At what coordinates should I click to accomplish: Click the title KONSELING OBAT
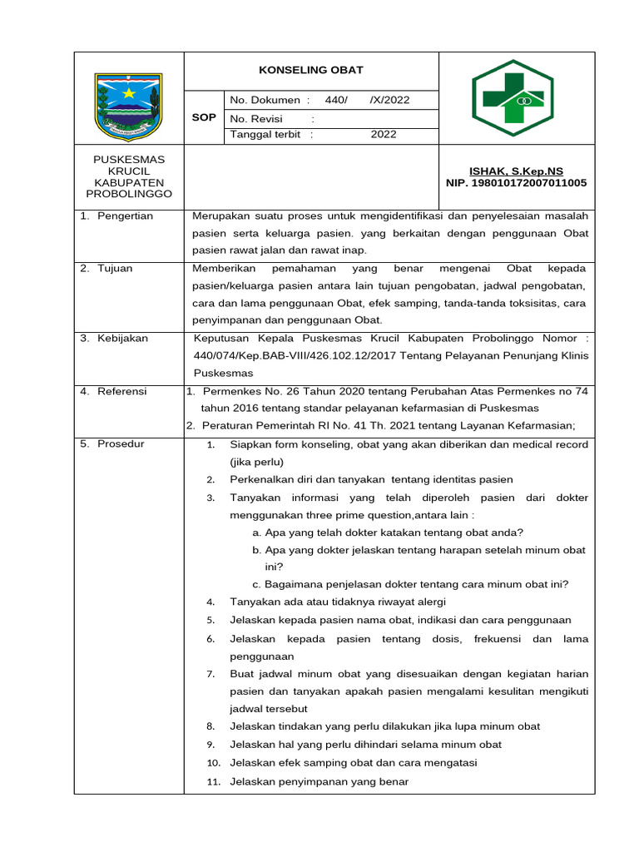coord(310,71)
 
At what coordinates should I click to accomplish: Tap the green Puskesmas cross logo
coord(513,99)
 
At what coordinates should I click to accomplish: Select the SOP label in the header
coord(204,117)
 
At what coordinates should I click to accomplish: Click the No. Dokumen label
coord(265,100)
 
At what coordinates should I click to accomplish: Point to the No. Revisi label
coord(257,118)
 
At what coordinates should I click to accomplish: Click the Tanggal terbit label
coord(267,134)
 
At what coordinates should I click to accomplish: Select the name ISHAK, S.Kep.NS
coord(516,171)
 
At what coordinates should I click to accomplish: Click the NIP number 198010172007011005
coord(516,182)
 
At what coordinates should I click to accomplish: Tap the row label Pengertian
coord(125,216)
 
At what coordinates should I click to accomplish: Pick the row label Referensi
coord(122,391)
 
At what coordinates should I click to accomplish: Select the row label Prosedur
coord(121,443)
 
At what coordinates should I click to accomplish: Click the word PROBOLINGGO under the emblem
coord(129,194)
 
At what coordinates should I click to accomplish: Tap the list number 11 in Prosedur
coord(213,782)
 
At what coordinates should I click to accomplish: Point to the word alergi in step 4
coord(429,601)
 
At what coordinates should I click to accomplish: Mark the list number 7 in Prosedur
coord(211,674)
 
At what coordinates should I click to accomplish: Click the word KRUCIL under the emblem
coord(129,171)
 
